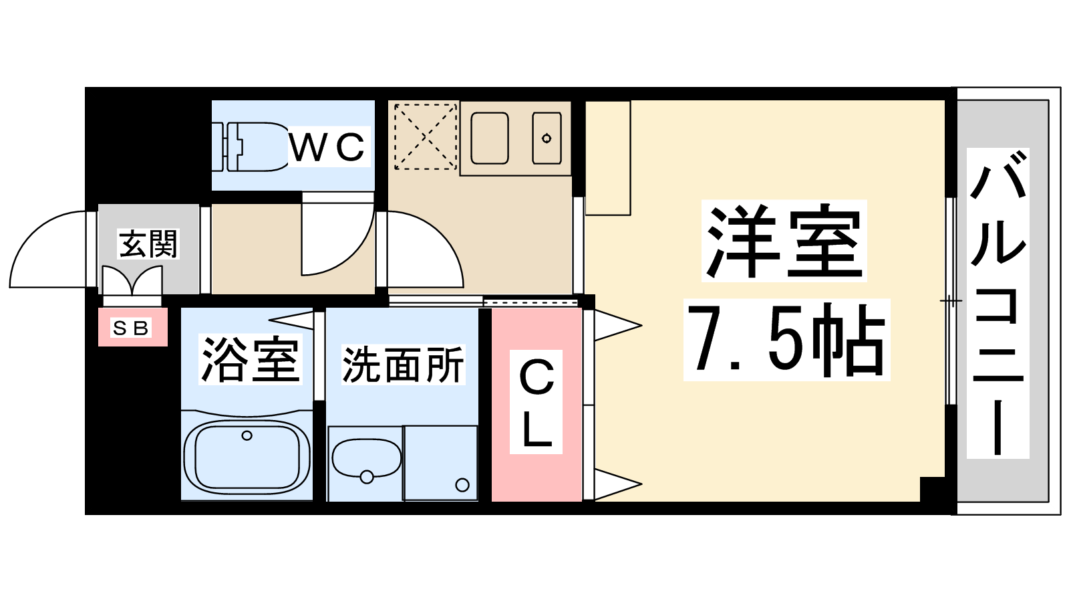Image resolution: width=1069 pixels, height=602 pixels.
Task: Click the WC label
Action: tap(327, 146)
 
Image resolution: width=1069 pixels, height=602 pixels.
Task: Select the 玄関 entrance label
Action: tap(148, 243)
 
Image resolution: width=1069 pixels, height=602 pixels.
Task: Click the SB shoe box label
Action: tap(131, 328)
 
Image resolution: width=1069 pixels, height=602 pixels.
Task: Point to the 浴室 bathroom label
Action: tap(250, 360)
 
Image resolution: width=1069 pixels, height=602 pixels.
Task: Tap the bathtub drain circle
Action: tap(247, 435)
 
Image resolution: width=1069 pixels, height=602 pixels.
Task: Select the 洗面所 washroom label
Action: tap(404, 365)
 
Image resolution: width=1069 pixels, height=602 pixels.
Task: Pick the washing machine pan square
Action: tap(440, 462)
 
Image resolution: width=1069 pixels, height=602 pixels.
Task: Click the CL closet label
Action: tap(537, 403)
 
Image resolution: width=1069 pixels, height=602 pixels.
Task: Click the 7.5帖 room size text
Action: tap(786, 340)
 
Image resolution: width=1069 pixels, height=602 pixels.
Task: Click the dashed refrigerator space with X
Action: tap(425, 136)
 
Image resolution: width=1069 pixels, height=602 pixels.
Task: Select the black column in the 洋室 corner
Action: tap(933, 489)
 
